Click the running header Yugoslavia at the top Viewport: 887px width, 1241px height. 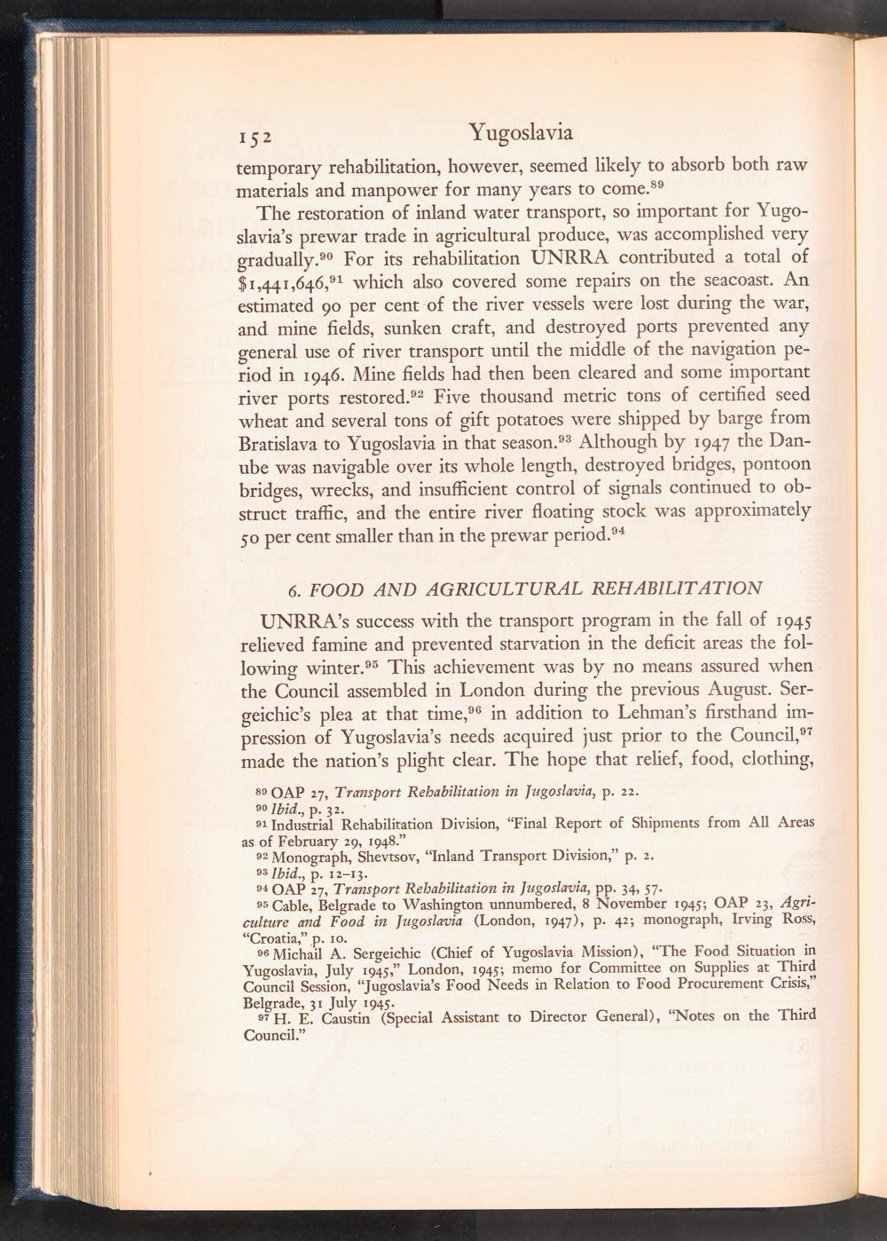tap(521, 133)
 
